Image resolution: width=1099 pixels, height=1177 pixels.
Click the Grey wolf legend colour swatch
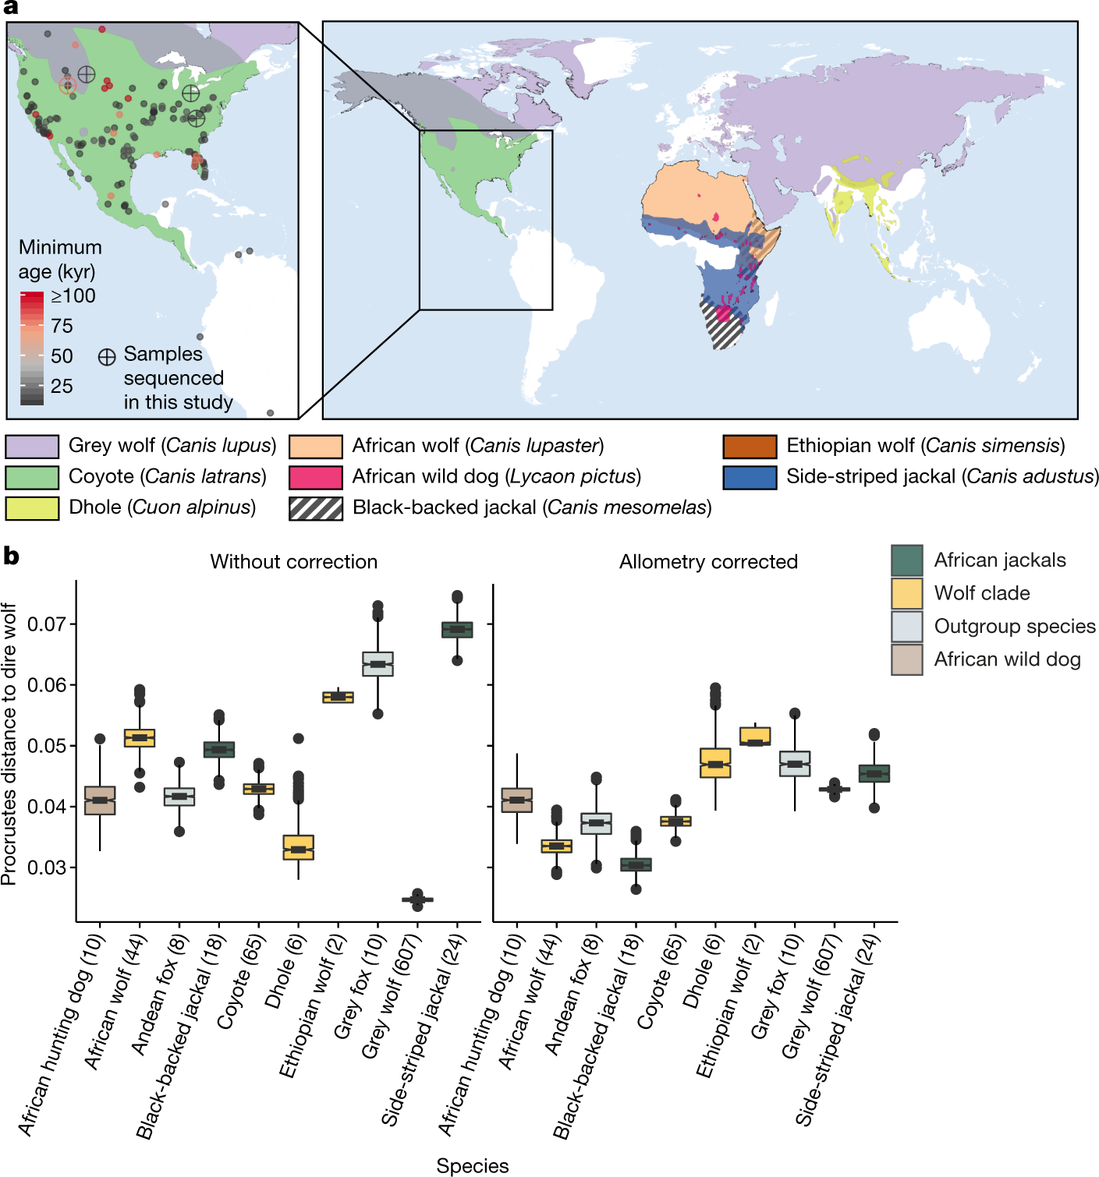point(32,447)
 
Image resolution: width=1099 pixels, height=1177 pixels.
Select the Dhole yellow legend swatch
point(32,508)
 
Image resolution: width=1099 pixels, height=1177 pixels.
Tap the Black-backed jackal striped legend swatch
point(316,508)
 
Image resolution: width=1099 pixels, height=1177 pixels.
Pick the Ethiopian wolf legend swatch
point(750,447)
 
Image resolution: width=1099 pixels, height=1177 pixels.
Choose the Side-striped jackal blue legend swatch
point(750,477)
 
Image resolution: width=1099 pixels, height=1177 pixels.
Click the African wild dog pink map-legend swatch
point(316,477)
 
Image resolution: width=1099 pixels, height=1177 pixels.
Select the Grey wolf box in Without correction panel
point(417,900)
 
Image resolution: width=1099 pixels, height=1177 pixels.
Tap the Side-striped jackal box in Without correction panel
point(457,630)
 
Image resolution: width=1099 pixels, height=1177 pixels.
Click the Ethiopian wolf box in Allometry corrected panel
point(755,736)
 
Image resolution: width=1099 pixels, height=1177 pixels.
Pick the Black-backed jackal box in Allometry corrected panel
point(636,864)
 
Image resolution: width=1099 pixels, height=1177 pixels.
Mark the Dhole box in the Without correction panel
point(298,847)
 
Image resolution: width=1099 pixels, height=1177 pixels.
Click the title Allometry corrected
point(708,562)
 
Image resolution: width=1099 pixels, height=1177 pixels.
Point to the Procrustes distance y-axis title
point(9,744)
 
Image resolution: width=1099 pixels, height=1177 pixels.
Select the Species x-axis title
point(473,1165)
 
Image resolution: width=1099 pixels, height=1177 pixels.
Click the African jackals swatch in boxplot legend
point(907,560)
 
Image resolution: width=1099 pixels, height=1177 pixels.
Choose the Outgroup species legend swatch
point(907,627)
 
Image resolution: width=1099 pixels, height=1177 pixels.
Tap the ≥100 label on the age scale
point(73,296)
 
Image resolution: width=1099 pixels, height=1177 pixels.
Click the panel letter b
point(11,557)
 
